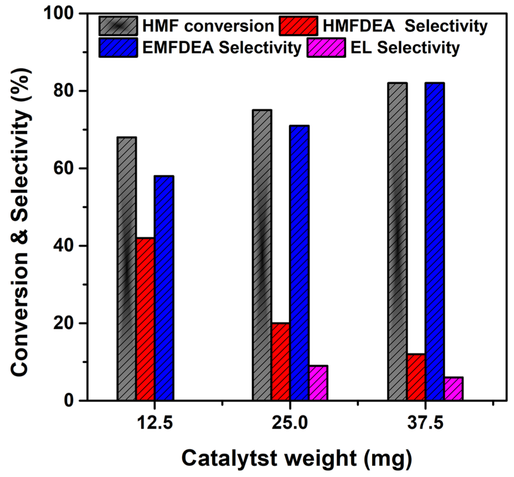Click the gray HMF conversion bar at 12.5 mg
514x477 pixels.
tap(126, 268)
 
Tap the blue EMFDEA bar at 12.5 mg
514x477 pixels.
tap(164, 288)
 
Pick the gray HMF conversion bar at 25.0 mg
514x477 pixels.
tap(262, 255)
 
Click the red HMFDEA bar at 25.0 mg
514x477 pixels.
tap(281, 361)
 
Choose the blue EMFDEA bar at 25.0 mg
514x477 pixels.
tap(299, 263)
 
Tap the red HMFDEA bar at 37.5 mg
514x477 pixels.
tap(416, 377)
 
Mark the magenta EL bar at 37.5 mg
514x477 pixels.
tap(454, 388)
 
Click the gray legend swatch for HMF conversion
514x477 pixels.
tap(118, 26)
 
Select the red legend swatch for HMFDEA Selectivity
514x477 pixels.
tap(298, 26)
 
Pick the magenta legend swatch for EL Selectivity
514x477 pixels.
tap(326, 48)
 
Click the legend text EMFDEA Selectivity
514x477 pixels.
tap(222, 48)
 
